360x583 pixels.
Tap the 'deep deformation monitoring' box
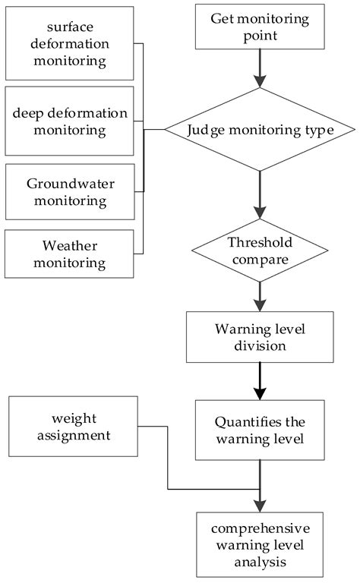69,121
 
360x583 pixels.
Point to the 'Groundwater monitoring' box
69,194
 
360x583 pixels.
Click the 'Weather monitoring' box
69,254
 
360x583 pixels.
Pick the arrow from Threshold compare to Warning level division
261,295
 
